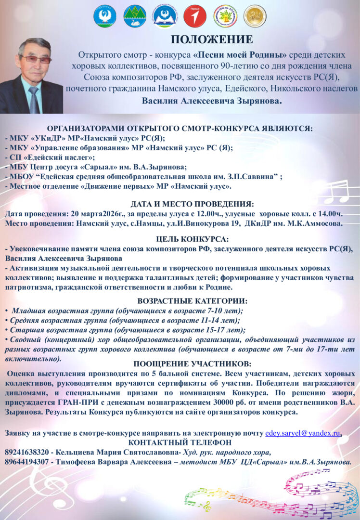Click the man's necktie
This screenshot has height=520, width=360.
[x=33, y=99]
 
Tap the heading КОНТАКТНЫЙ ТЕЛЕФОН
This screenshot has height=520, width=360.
[x=180, y=442]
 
